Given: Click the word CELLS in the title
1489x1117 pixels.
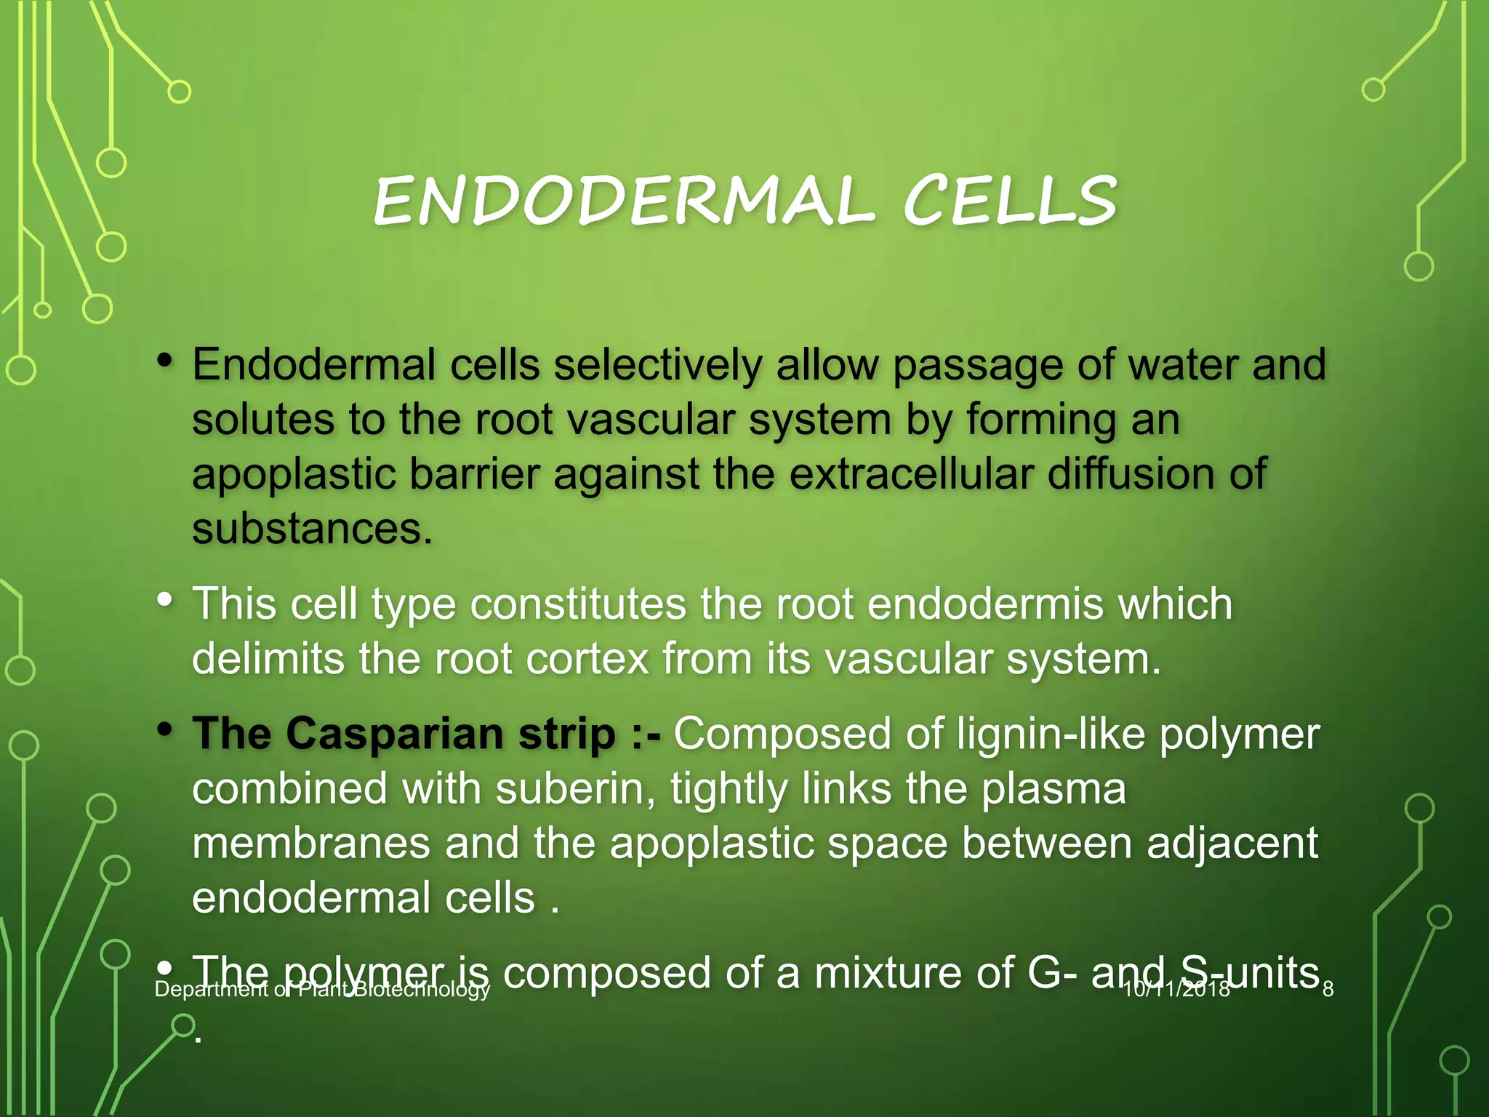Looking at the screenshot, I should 1010,201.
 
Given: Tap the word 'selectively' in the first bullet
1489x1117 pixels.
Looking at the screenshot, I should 658,364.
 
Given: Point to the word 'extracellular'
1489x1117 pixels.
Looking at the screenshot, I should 911,474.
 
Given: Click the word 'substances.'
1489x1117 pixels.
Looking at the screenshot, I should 312,528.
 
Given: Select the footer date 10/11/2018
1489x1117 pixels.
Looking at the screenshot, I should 1176,989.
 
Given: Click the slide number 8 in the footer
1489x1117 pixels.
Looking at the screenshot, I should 1328,989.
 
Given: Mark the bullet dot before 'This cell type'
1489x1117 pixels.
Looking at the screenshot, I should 166,600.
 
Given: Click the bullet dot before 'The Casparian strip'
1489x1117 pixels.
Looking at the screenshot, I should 166,729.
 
